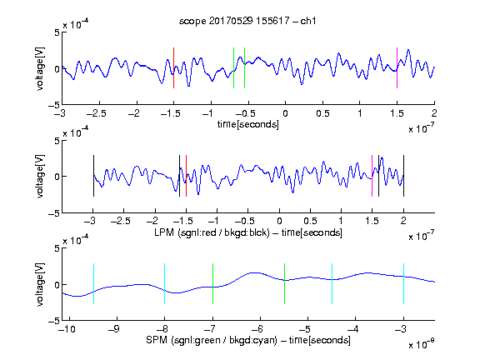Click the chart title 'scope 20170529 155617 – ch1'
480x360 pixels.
point(247,21)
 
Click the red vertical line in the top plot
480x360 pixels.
point(173,68)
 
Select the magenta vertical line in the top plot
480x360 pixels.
point(397,68)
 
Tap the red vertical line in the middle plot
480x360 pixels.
point(186,176)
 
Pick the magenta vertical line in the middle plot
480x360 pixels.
point(372,176)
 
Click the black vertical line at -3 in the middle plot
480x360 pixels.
point(93,176)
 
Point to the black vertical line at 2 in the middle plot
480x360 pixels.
point(403,176)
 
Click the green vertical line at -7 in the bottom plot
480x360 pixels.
point(212,283)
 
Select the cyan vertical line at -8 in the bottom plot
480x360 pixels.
point(165,283)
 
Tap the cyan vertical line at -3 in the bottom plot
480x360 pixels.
point(403,283)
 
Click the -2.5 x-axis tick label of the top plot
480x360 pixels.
point(97,113)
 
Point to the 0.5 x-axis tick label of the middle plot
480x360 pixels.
point(310,221)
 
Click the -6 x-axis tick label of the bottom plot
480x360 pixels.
point(257,329)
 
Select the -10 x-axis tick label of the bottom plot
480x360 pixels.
point(67,329)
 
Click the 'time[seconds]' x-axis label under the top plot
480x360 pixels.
point(248,125)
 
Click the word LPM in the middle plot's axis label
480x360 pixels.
point(164,232)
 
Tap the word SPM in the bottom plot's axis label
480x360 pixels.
point(157,340)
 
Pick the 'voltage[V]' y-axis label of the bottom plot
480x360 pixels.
point(40,284)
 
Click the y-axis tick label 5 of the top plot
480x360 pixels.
point(57,32)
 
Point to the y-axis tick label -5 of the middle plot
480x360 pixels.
point(54,213)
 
